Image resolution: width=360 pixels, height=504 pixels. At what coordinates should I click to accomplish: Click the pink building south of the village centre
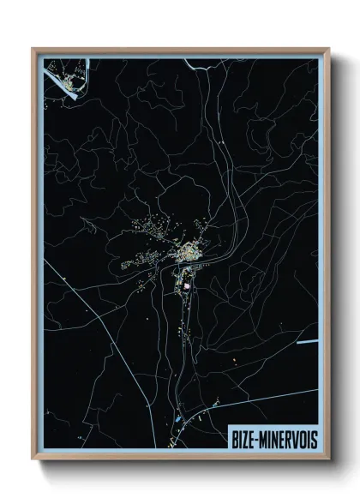coord(183,285)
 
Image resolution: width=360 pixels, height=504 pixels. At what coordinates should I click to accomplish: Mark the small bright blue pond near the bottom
coord(177,420)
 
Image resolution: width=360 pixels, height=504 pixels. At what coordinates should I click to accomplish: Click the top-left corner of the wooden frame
coord(33,50)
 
